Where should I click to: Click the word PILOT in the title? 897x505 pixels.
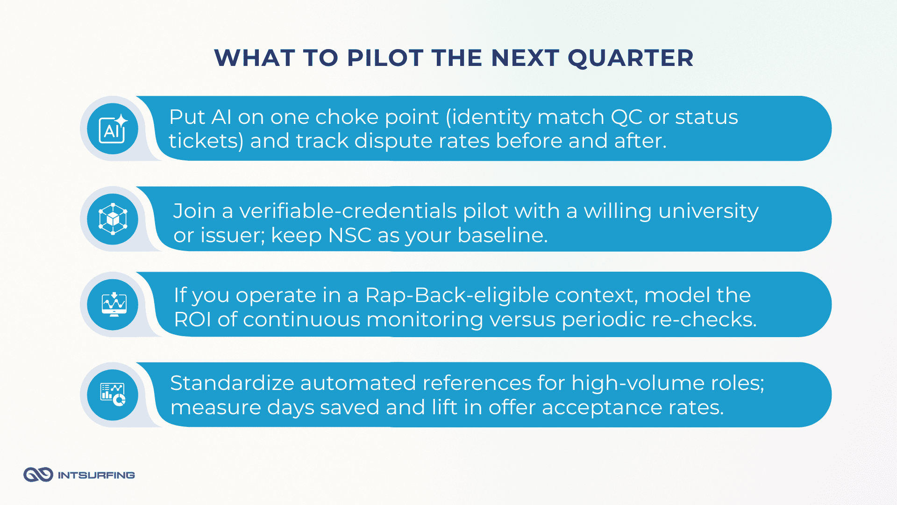tap(385, 58)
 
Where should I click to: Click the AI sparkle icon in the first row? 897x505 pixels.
tap(113, 129)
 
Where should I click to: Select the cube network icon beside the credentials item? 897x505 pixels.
tap(113, 219)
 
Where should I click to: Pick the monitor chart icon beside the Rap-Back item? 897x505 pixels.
tap(114, 304)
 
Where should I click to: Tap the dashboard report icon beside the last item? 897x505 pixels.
tap(113, 395)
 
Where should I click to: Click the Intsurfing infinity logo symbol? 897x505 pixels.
tap(38, 475)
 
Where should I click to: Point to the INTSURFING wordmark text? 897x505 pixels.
tap(96, 475)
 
